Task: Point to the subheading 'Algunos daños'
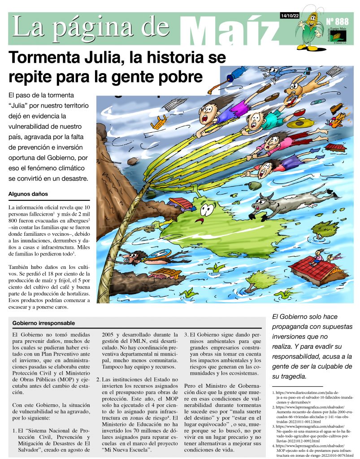[27, 194]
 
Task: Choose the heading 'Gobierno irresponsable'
[43, 323]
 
